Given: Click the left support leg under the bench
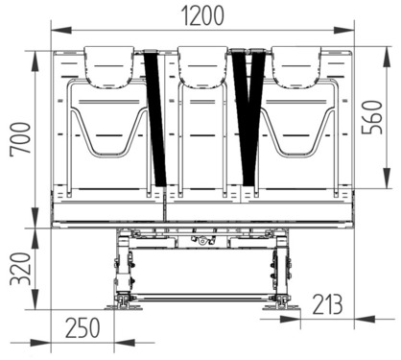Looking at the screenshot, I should (122, 269).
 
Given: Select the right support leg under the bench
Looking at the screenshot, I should (280, 269).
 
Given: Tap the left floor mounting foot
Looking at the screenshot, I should (121, 304).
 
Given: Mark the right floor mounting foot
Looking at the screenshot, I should (280, 304).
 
